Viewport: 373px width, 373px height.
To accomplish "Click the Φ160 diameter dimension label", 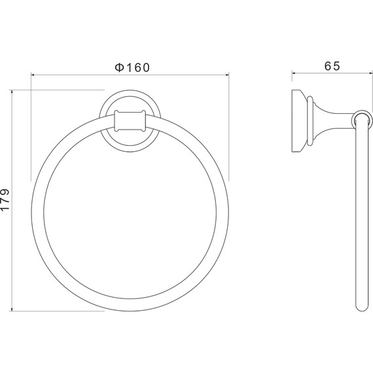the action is coord(132,67).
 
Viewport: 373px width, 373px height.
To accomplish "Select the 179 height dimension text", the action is coord(5,200).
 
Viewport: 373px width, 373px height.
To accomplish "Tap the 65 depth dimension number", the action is coord(332,66).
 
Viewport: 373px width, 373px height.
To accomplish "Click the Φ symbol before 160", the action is coord(119,67).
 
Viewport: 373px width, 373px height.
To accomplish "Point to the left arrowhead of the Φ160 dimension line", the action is coord(33,75).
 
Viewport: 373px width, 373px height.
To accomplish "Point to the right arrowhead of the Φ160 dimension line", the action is coord(226,75).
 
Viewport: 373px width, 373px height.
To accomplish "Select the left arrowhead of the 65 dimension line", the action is coord(294,73).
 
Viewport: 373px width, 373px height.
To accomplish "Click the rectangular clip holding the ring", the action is coord(130,121).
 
